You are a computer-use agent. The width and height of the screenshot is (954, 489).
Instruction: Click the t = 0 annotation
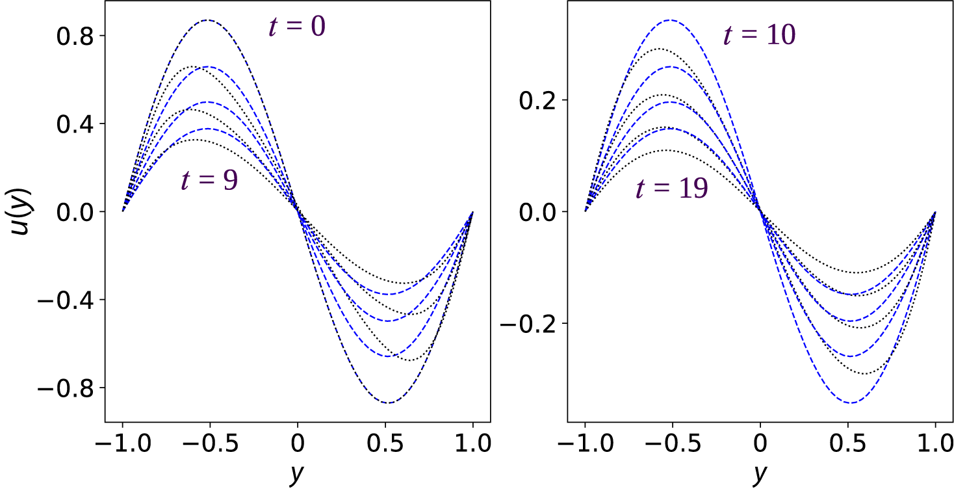tap(297, 27)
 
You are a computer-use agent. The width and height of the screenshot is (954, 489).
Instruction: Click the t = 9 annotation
tap(209, 180)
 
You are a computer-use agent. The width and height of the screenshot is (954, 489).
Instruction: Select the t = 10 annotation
tap(760, 35)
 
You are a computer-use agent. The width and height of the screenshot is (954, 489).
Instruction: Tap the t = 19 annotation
tap(671, 190)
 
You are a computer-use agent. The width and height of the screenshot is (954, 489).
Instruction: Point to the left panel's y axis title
tap(297, 475)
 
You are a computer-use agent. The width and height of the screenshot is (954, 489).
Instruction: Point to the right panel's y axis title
tap(760, 475)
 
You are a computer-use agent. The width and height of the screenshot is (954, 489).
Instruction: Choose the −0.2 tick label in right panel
tap(530, 324)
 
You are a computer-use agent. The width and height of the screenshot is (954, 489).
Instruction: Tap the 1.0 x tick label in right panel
tap(935, 446)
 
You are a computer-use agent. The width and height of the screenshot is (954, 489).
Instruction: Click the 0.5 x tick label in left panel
tap(385, 446)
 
